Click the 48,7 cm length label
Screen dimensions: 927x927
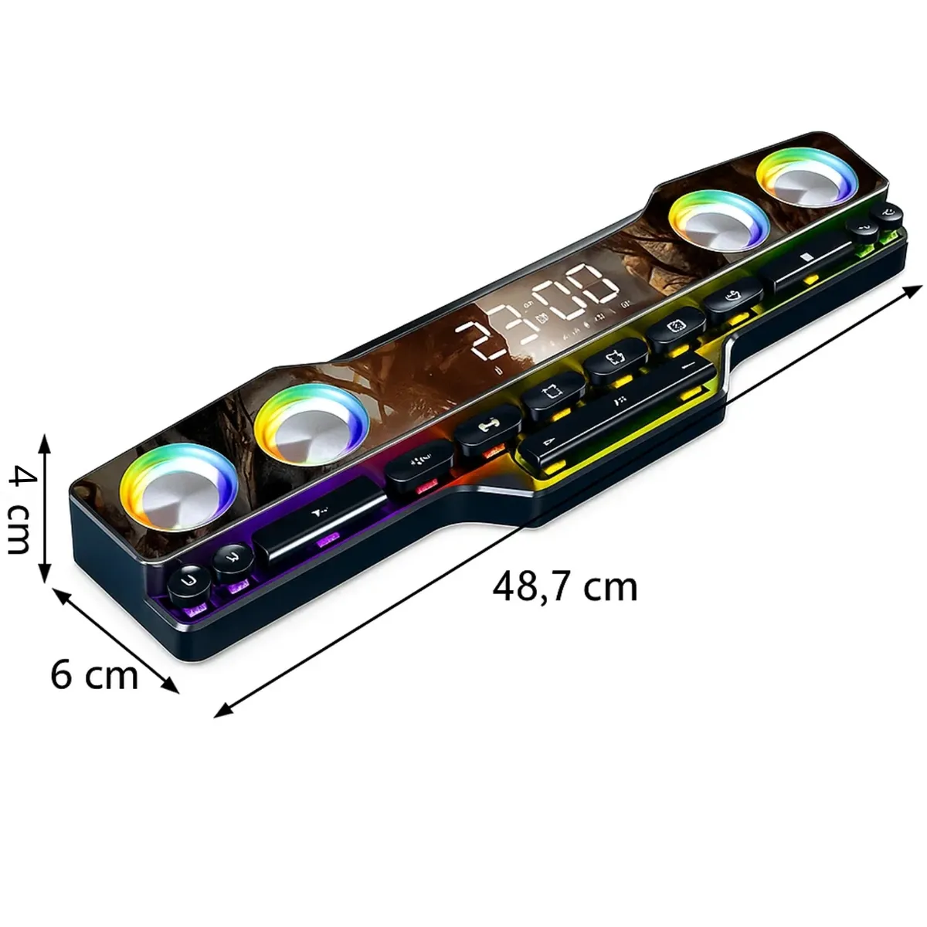click(565, 588)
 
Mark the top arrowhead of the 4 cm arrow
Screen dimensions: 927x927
click(45, 437)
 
